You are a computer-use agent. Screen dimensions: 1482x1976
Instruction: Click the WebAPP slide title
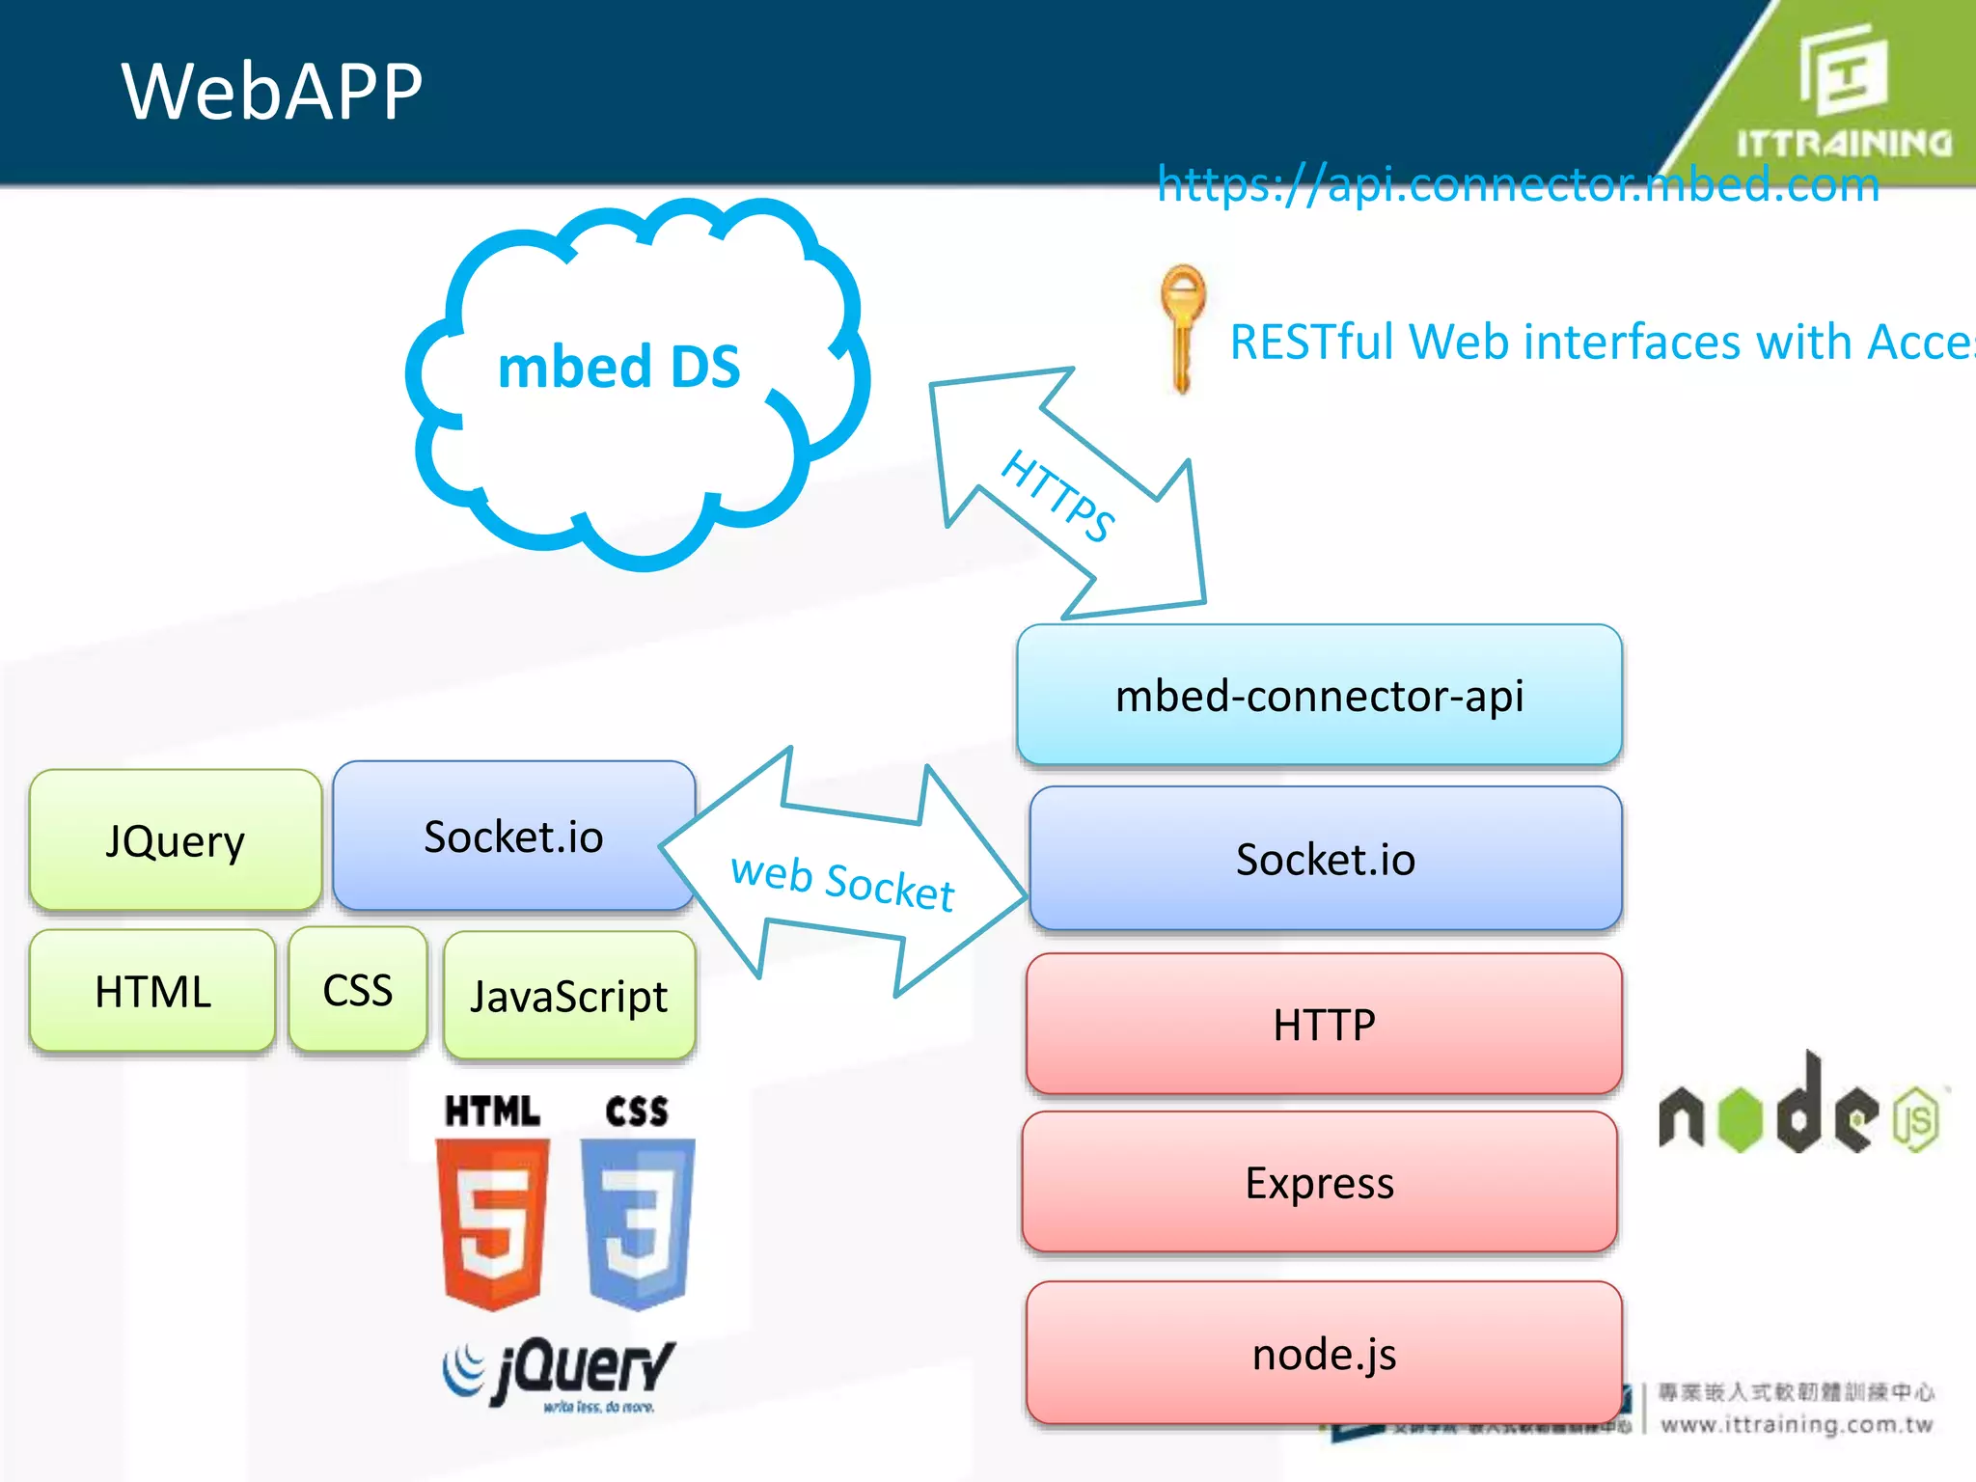point(271,91)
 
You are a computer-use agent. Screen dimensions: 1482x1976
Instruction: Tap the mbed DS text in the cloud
point(618,368)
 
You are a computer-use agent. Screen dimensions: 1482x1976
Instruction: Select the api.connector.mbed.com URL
point(1518,183)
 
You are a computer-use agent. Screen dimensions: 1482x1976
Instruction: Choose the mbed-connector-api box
point(1319,696)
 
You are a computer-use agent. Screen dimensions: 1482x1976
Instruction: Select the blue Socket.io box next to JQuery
point(513,836)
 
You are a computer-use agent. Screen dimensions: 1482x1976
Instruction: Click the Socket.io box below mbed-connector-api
point(1325,859)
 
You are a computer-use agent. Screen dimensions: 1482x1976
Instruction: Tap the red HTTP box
point(1324,1024)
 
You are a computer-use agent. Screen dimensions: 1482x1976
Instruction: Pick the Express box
point(1319,1182)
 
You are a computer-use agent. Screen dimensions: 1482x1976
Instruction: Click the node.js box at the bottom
point(1324,1353)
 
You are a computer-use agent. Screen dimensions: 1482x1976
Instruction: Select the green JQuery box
point(176,840)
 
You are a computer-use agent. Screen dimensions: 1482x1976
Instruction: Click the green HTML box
point(152,991)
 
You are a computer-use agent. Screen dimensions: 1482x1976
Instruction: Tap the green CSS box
point(357,990)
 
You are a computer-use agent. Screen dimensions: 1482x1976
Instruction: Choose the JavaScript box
point(568,996)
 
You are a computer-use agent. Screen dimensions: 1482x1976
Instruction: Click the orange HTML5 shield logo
point(492,1221)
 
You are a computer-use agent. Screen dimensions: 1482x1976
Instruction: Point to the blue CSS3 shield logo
point(637,1221)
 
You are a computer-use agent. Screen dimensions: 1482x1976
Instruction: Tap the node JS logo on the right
point(1798,1110)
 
